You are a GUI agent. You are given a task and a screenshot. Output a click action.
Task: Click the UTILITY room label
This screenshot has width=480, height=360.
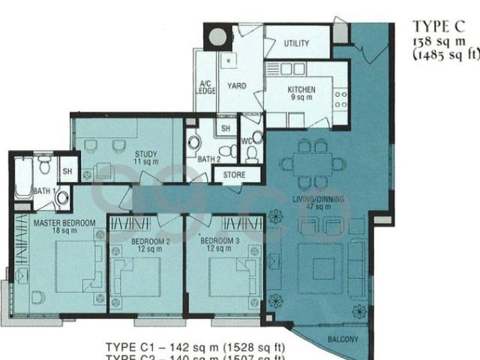296,43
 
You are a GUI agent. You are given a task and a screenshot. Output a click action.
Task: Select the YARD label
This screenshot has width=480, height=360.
237,86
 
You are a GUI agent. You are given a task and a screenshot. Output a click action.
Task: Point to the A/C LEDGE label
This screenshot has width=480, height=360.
206,87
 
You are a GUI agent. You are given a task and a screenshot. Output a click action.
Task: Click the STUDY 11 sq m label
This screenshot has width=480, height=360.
145,157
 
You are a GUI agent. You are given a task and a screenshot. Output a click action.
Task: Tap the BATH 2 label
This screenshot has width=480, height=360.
208,159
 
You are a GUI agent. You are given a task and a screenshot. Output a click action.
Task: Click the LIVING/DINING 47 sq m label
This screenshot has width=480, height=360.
318,203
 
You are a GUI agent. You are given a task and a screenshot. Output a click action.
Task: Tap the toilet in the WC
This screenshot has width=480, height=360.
252,153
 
